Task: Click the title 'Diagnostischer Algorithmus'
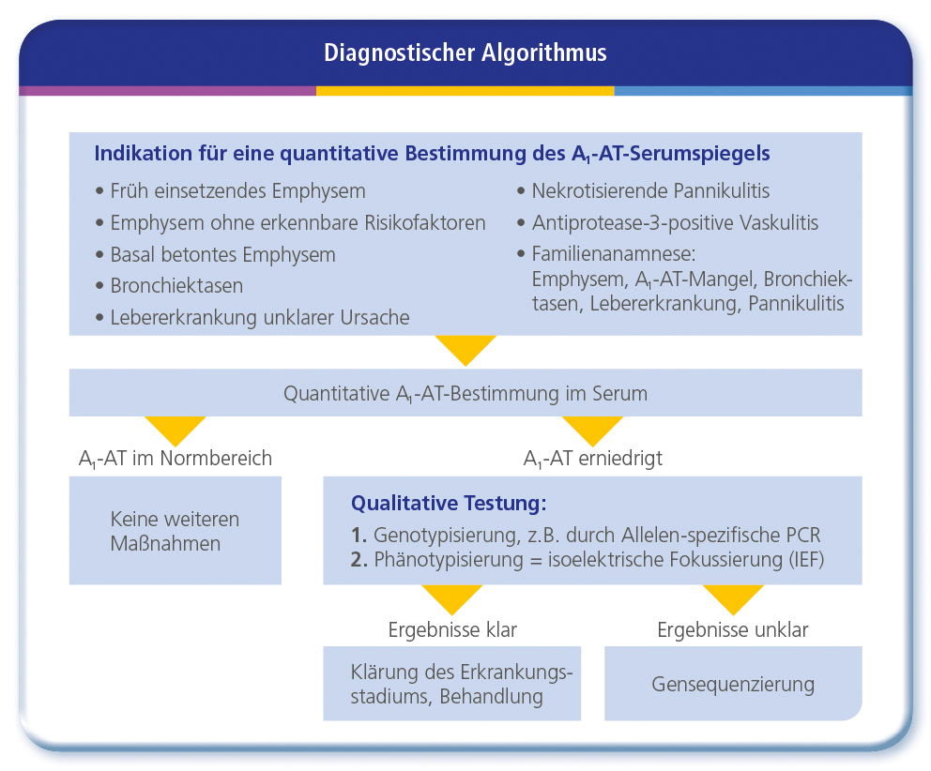(x=465, y=53)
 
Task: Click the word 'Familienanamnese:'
(x=614, y=254)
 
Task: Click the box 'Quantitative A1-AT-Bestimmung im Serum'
(x=465, y=392)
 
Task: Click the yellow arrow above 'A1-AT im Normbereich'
(x=176, y=429)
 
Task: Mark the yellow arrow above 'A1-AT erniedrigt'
(x=592, y=429)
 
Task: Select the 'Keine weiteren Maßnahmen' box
(x=176, y=531)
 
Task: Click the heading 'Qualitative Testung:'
(x=449, y=504)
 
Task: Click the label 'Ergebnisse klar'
(x=452, y=629)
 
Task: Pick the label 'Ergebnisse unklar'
(x=733, y=629)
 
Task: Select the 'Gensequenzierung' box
(x=733, y=684)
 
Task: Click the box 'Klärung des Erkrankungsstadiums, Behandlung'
(x=451, y=684)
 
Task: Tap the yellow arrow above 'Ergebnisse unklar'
(x=733, y=597)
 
